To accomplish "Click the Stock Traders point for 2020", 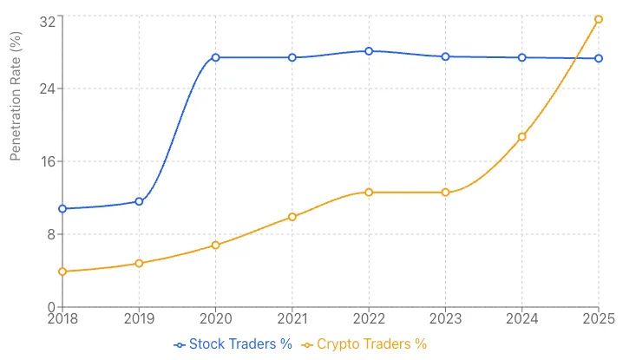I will pos(215,57).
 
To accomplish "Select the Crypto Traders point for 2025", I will pos(599,19).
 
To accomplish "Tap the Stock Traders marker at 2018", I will pos(62,209).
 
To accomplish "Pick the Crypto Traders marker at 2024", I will pos(521,137).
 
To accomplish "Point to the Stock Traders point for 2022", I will pos(369,51).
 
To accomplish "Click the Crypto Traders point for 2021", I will pos(292,217).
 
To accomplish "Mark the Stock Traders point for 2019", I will pos(139,201).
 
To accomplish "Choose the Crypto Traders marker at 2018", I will pos(62,272).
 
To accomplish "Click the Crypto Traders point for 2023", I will pos(445,193).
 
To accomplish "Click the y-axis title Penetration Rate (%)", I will pos(15,95).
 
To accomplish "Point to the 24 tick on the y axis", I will pos(44,88).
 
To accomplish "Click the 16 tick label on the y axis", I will pos(44,161).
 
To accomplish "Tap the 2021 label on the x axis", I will pos(292,319).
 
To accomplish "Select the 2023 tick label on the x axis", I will pos(445,319).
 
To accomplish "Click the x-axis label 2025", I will pos(598,319).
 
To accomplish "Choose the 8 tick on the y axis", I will pos(49,234).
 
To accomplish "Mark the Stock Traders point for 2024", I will pos(521,57).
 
